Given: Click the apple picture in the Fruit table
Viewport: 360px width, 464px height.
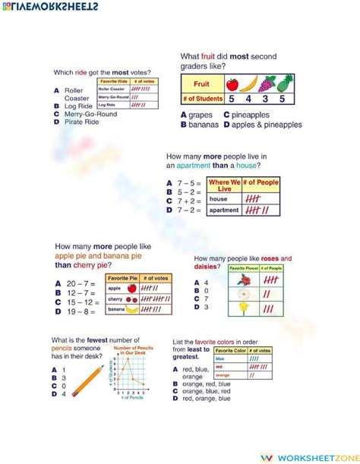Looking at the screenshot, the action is click(x=232, y=84).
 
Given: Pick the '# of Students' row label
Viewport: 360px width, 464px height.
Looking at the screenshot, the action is click(x=202, y=99).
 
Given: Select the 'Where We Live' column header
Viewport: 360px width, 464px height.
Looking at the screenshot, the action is click(x=224, y=185).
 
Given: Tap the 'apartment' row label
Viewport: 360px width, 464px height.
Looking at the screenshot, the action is click(x=224, y=210).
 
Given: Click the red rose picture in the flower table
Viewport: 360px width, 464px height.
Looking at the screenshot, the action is click(x=245, y=279).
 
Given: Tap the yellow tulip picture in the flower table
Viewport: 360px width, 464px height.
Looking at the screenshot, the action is click(x=245, y=308).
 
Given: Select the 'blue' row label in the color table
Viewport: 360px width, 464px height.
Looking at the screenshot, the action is click(x=221, y=358).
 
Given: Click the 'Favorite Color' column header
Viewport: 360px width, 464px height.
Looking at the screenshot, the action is click(x=231, y=350).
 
